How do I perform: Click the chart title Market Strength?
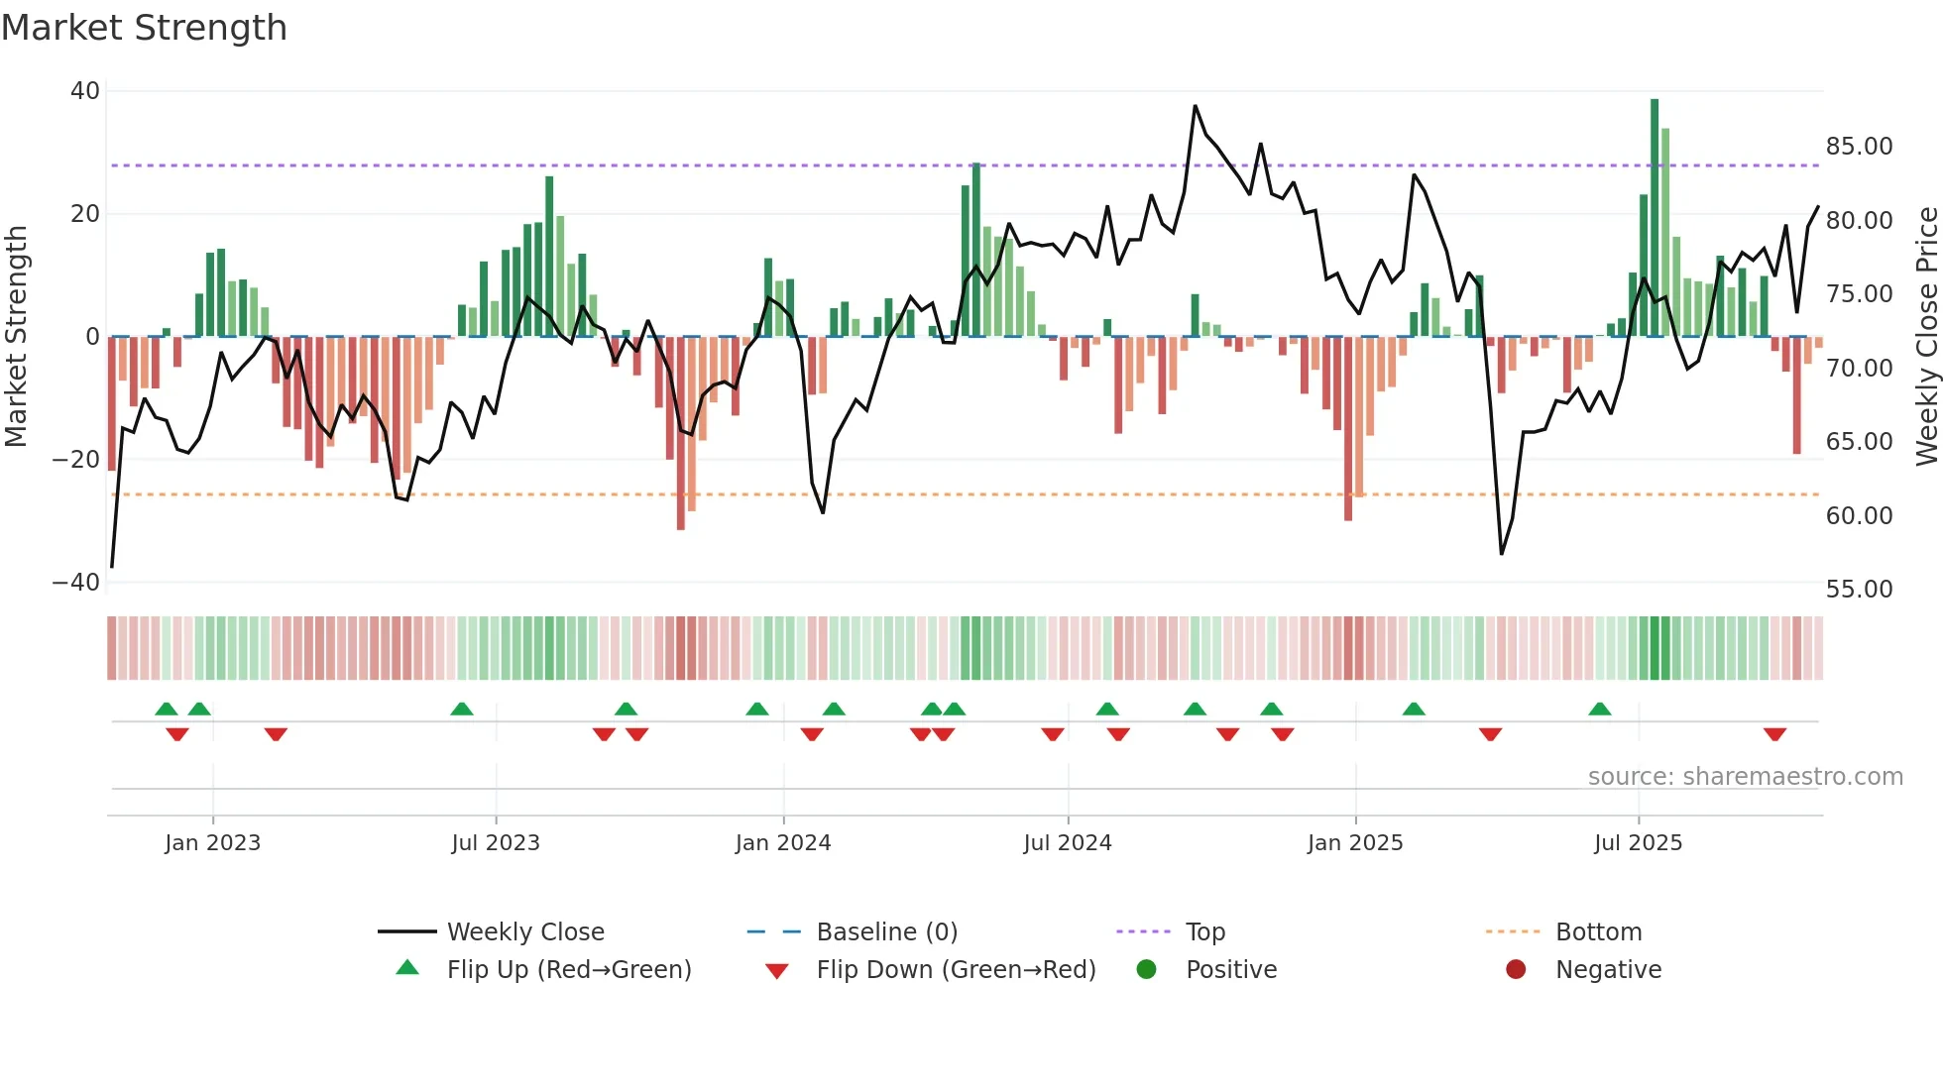[x=144, y=28]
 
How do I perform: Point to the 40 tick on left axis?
[x=85, y=91]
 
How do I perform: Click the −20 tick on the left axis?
[x=76, y=460]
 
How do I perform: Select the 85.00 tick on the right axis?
[x=1859, y=147]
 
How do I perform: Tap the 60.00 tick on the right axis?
[x=1859, y=516]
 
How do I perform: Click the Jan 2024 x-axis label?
[x=782, y=843]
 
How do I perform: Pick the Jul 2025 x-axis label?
[x=1638, y=843]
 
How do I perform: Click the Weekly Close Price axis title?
[x=1926, y=337]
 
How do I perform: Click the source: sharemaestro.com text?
[x=1745, y=777]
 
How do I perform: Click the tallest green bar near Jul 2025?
[x=1654, y=218]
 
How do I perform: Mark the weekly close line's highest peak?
[x=1195, y=106]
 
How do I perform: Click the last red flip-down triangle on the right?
[x=1774, y=734]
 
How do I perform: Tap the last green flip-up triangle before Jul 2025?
[x=1599, y=709]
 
